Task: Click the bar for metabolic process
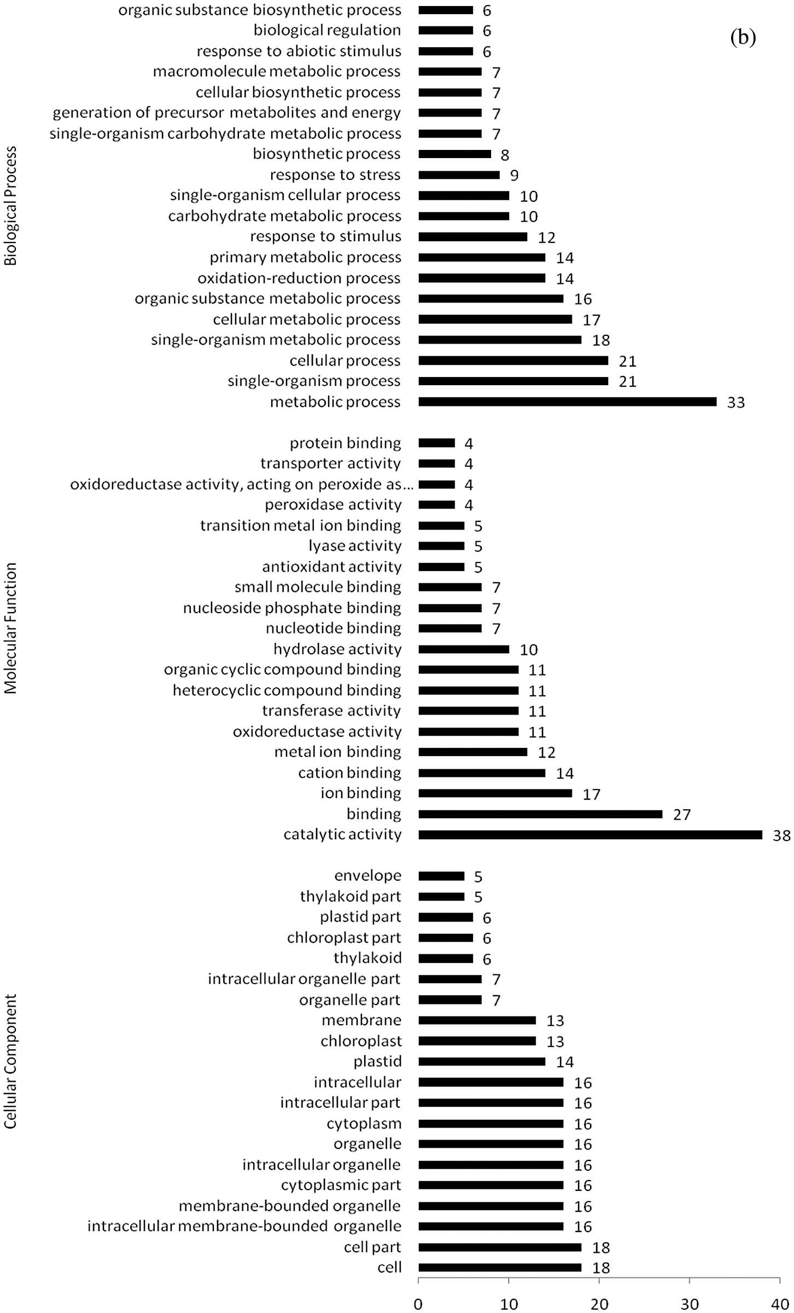coord(567,402)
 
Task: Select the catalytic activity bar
coord(590,835)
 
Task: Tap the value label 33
coord(736,403)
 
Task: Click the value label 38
coord(781,835)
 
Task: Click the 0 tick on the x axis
coord(418,1304)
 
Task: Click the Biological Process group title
coord(11,206)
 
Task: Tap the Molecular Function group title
coord(11,628)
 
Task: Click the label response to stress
coord(335,175)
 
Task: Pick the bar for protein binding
coord(436,443)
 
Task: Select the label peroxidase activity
coord(333,505)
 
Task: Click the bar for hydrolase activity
coord(463,649)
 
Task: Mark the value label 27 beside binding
coord(682,815)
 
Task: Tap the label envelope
coord(367,876)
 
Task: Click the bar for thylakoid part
coord(441,897)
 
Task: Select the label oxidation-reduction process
coord(299,278)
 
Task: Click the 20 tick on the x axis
coord(599,1304)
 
